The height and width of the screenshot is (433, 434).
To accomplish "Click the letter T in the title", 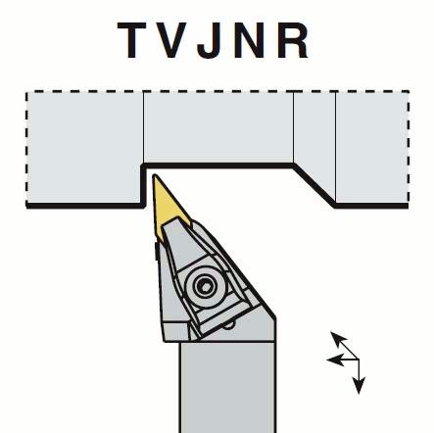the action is tap(131, 40).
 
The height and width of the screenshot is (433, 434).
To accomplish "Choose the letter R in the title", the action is tap(293, 40).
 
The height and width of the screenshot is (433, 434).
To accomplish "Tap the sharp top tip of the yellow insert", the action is tap(155, 175).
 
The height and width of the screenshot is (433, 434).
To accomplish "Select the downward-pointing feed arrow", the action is tap(359, 376).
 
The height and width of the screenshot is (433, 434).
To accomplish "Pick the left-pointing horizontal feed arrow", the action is tap(343, 360).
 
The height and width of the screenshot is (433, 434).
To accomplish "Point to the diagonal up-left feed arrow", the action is tap(345, 346).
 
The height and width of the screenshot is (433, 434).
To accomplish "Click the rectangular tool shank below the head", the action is tap(227, 387).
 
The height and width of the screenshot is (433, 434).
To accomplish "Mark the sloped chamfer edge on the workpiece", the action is tap(314, 185).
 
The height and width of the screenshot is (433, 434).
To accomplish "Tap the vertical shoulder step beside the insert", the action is tap(143, 185).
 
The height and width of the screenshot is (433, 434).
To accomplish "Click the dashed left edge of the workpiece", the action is tap(26, 148).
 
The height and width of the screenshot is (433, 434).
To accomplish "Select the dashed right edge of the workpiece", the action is tap(409, 148).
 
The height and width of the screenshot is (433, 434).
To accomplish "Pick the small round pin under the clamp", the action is tap(229, 325).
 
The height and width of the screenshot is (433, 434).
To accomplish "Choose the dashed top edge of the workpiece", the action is tap(217, 91).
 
